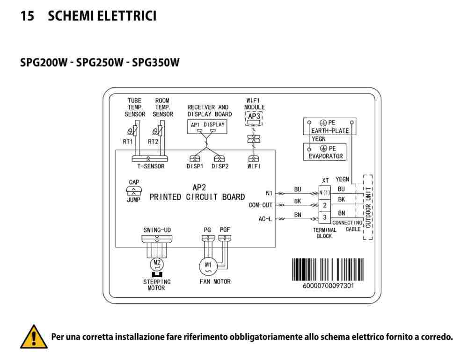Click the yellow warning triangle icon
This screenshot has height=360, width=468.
point(34,337)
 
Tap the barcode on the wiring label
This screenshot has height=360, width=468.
point(328,269)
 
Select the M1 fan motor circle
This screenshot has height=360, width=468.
point(208,266)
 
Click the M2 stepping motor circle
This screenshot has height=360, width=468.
point(157,264)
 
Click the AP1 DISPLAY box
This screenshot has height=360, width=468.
point(207,126)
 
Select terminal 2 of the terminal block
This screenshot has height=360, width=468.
point(324,206)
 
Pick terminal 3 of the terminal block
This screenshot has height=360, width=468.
point(324,217)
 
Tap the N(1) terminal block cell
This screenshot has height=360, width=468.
point(324,193)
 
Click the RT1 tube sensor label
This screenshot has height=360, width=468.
point(128,142)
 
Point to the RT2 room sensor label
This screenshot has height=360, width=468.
point(153,142)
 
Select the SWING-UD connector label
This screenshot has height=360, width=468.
point(157,230)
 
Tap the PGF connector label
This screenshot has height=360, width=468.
point(225,230)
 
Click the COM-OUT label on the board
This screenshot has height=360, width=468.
point(261,205)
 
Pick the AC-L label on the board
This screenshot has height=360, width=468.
point(265,219)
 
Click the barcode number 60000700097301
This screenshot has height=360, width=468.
point(329,286)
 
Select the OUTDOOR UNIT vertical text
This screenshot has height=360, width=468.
point(368,208)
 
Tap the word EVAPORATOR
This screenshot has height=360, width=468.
point(326,156)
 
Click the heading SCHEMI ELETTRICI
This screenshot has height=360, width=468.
point(102,16)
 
